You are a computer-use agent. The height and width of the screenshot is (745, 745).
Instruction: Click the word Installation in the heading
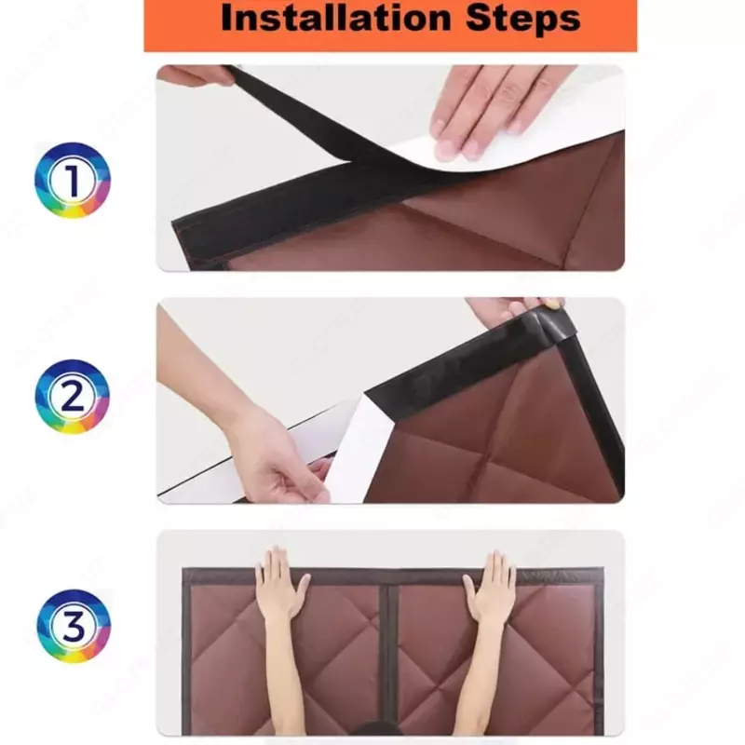click(335, 18)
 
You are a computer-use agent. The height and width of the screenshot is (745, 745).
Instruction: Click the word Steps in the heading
click(523, 19)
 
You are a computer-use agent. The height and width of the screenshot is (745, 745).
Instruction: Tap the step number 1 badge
click(73, 180)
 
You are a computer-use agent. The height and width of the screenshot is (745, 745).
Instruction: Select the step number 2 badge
click(73, 397)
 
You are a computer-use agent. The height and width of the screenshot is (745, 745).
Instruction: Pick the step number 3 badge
click(74, 626)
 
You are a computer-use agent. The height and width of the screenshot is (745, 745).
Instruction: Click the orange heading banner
click(390, 25)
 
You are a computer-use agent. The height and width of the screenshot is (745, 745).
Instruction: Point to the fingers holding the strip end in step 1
click(195, 75)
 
